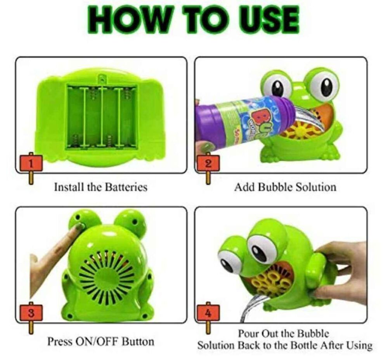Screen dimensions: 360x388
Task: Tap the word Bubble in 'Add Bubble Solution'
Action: click(x=277, y=187)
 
